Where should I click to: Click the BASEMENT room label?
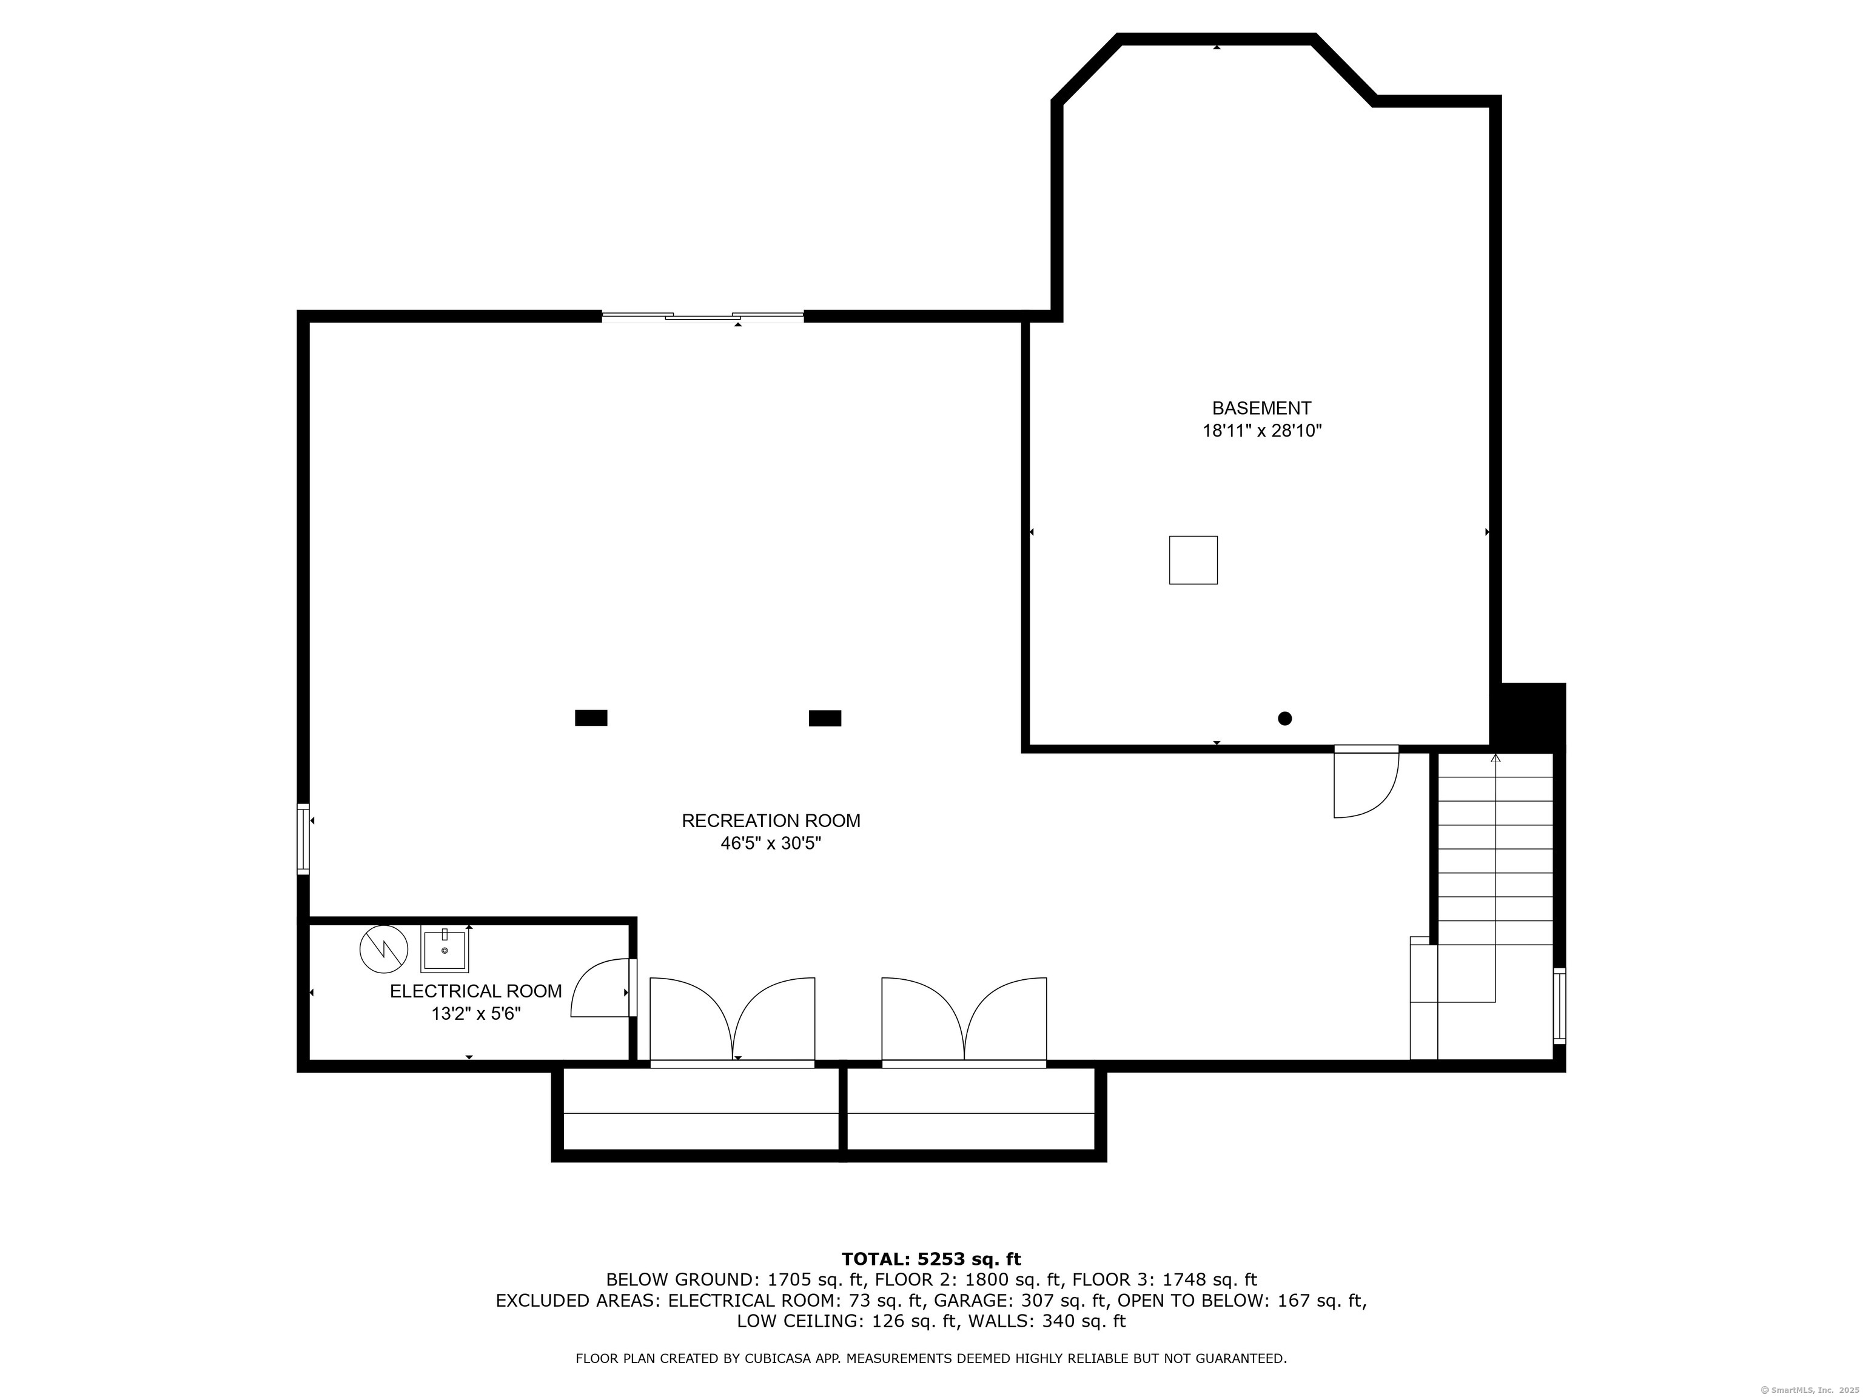point(1261,409)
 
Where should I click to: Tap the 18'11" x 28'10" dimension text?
point(1261,431)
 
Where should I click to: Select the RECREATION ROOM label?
point(771,820)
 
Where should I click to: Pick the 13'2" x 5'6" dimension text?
point(476,1014)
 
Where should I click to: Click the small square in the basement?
point(1193,560)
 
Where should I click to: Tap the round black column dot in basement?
point(1284,719)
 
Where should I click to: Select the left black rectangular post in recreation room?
point(591,717)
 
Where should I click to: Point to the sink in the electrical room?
point(444,950)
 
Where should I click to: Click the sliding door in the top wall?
point(702,317)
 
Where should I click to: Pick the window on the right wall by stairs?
point(1559,1007)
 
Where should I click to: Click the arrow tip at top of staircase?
point(1495,757)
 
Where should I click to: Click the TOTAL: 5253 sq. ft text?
point(931,1259)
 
